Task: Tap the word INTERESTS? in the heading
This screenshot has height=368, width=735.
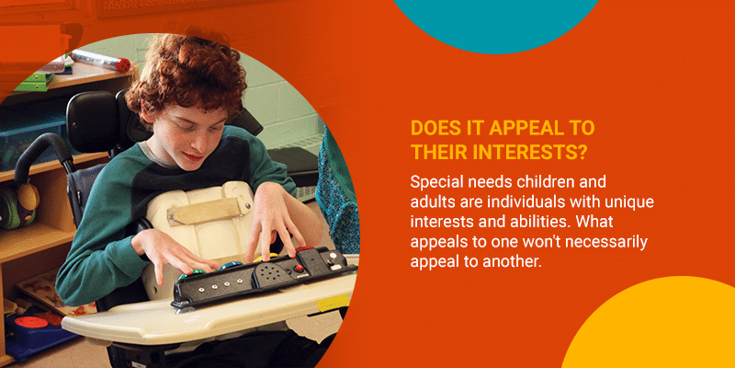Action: coord(531,152)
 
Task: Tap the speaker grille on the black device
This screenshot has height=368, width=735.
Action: coord(270,271)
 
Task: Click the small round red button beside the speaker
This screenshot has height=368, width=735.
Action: coord(297,268)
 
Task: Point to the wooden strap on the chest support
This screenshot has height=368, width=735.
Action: coord(205,210)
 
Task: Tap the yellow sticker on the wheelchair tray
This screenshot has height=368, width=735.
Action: coord(333,303)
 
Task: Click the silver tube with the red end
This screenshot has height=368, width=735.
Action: coord(100,60)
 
